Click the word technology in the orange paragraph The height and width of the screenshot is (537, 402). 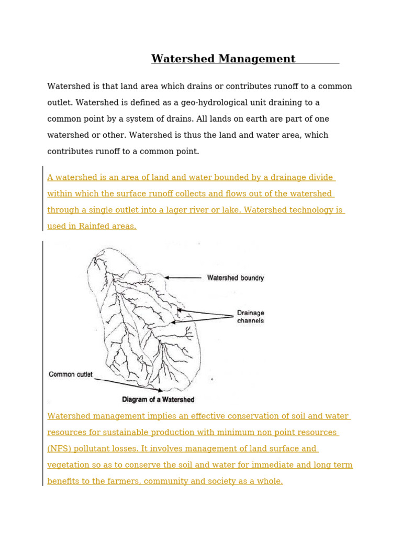point(307,210)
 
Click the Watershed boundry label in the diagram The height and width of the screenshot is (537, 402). point(236,278)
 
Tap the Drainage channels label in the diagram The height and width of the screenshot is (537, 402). point(250,317)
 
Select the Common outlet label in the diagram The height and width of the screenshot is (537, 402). point(71,374)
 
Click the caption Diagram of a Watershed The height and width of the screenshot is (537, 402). point(158,400)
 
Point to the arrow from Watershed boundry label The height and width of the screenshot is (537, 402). point(183,277)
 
